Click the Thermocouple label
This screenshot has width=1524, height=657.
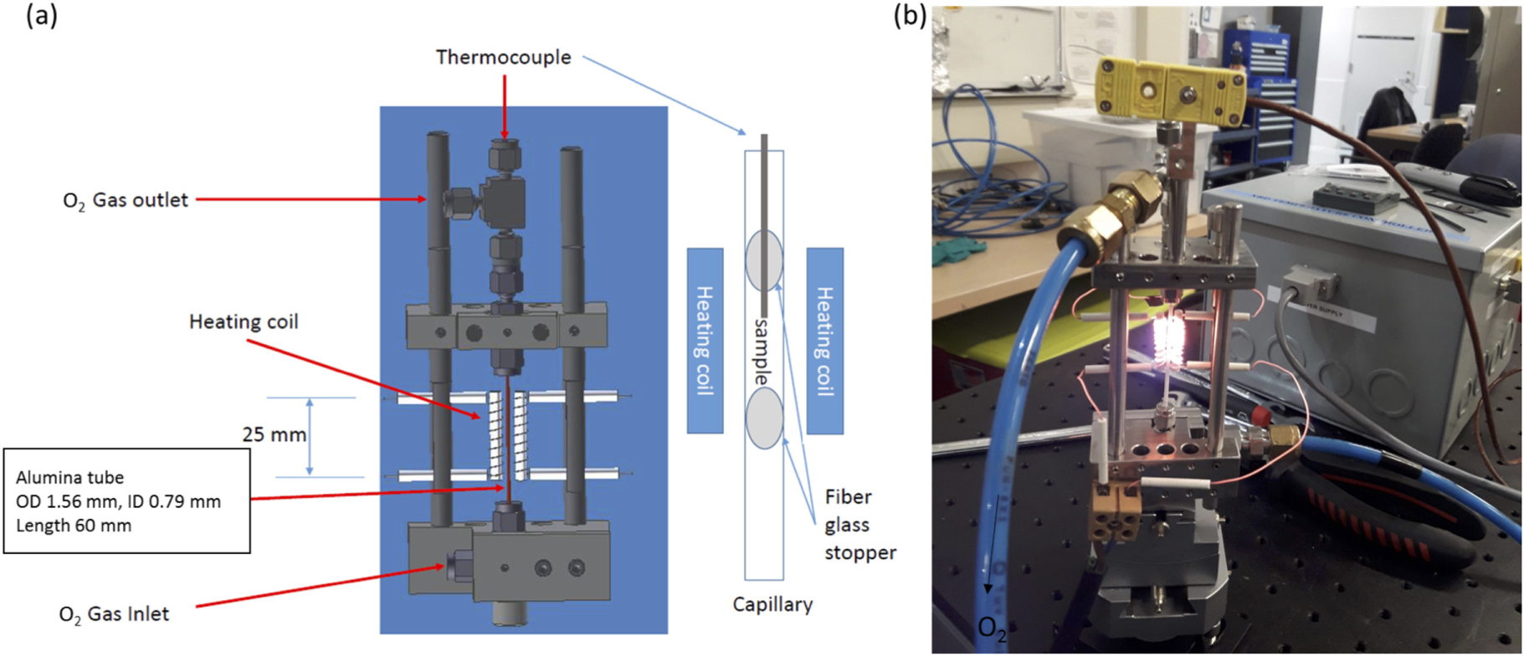tap(503, 57)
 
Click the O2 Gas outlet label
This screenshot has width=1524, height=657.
tap(126, 201)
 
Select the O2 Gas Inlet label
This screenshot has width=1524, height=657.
tap(114, 614)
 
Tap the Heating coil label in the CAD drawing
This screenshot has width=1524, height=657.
tap(244, 322)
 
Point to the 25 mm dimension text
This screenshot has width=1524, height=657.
tap(274, 434)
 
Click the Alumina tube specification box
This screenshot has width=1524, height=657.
tap(126, 500)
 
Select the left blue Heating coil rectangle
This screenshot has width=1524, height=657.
tap(705, 341)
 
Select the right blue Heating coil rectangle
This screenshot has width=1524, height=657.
tap(824, 341)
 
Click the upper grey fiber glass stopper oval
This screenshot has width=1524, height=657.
tap(763, 259)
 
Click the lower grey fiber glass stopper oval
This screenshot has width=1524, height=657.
tap(763, 418)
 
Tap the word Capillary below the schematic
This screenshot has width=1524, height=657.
tap(772, 604)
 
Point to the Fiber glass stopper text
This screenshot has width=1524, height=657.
tap(859, 525)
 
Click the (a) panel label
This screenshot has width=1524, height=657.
tap(41, 15)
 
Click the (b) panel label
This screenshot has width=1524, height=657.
tap(910, 15)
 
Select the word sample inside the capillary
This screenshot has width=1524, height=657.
tap(761, 352)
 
